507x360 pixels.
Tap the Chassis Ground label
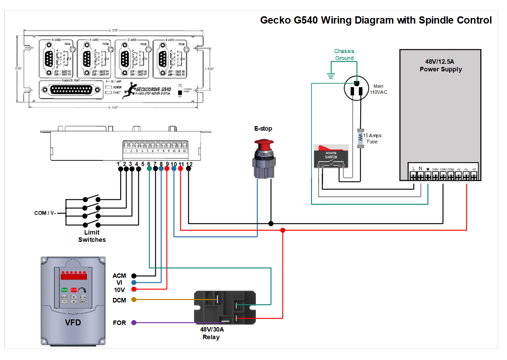344,55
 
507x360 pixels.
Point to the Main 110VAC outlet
356,88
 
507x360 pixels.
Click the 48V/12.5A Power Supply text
441,65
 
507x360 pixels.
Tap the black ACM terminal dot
134,276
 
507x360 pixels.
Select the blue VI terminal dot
134,283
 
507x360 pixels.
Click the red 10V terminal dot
134,289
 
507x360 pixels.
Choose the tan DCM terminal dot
134,300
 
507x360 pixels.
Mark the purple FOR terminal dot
134,323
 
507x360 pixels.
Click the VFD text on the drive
73,323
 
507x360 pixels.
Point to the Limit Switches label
92,236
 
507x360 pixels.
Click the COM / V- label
45,213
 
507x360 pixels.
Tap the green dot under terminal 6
149,169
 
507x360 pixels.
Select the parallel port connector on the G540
71,90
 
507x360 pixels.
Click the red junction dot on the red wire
283,230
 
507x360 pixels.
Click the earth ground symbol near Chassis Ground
331,76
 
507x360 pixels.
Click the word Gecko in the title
275,20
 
